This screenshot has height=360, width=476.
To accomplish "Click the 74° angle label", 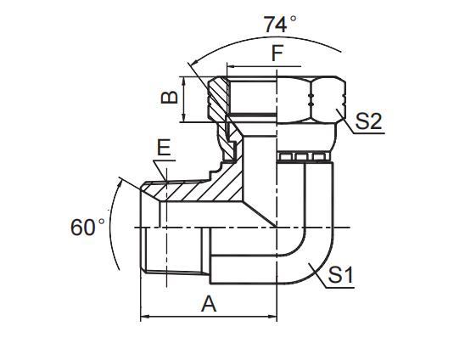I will [280, 25].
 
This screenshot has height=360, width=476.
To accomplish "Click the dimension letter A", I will [209, 303].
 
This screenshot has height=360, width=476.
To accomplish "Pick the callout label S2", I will [368, 121].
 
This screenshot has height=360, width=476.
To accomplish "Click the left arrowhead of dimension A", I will [144, 318].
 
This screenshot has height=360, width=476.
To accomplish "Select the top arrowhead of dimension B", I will [186, 78].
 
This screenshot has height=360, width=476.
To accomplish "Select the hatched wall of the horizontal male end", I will [182, 192].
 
